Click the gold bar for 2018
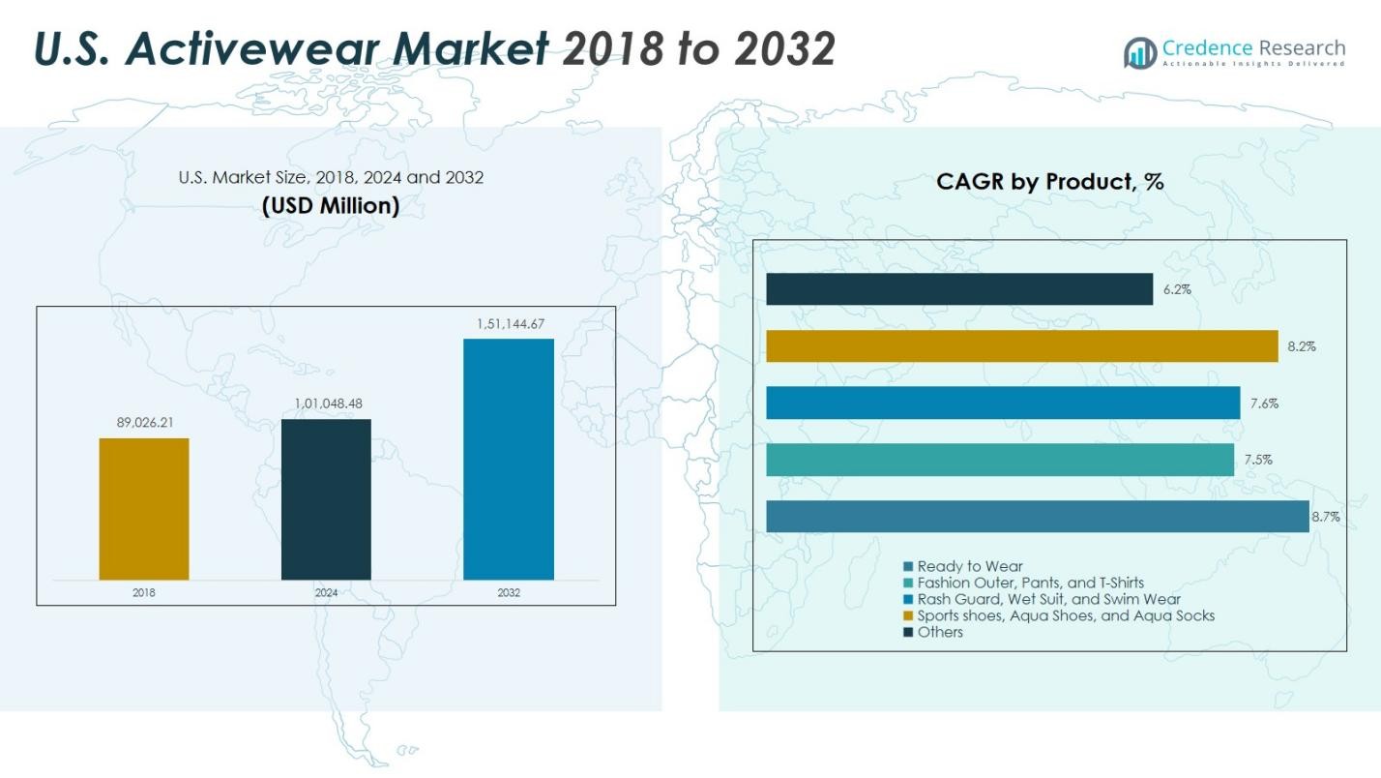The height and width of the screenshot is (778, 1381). click(x=144, y=509)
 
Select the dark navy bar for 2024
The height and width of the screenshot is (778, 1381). click(x=326, y=499)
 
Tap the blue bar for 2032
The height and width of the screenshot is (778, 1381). click(x=509, y=460)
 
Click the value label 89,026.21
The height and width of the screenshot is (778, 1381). click(x=144, y=423)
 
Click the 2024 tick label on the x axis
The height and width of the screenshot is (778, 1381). click(x=326, y=593)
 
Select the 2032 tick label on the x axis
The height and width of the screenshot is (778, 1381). click(x=509, y=593)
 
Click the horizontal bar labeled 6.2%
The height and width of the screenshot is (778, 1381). click(x=959, y=288)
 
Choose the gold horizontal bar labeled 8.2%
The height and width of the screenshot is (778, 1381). click(x=1021, y=345)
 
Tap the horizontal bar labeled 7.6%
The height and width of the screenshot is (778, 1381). click(x=1003, y=403)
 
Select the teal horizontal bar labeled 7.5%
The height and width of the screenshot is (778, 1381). click(x=1000, y=460)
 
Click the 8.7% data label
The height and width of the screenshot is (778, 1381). click(x=1325, y=517)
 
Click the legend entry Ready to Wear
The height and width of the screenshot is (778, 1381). click(x=969, y=566)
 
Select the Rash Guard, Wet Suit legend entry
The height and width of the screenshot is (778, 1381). click(x=1048, y=599)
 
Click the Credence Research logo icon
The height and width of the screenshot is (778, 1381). click(x=1140, y=52)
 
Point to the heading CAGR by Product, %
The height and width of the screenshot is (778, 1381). click(x=1049, y=181)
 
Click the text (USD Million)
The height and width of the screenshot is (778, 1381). click(x=331, y=206)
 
